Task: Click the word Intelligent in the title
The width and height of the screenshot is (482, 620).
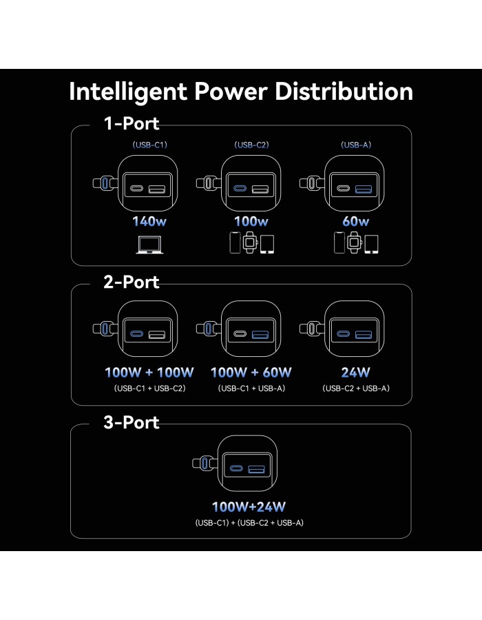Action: point(128,92)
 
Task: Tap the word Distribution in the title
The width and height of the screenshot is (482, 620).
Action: point(344,92)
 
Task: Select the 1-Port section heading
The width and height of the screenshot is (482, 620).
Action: point(131,123)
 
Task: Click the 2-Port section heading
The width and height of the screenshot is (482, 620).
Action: point(131,282)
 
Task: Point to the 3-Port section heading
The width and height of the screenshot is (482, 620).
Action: point(131,422)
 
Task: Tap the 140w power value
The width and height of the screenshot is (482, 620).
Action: point(149,221)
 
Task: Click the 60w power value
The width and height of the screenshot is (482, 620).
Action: point(355,221)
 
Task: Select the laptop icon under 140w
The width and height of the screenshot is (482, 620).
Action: point(149,245)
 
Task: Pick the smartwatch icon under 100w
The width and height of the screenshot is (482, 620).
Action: point(250,242)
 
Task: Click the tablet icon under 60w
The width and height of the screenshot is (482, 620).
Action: point(371,245)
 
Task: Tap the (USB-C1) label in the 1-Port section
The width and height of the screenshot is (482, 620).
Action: point(149,145)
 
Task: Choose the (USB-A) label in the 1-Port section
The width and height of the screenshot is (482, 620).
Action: point(356,145)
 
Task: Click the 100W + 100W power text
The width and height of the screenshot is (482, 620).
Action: point(149,373)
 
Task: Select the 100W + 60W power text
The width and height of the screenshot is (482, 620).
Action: point(251,373)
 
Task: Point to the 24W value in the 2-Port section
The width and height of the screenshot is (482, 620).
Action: point(355,373)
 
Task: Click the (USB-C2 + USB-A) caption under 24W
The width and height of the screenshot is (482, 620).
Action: point(356,389)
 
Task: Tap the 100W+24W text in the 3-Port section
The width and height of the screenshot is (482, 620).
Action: point(249,507)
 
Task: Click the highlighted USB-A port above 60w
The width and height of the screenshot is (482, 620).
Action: point(364,189)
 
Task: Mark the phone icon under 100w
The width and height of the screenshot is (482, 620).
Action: point(235,242)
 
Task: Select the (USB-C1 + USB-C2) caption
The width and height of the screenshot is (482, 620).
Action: point(149,389)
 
